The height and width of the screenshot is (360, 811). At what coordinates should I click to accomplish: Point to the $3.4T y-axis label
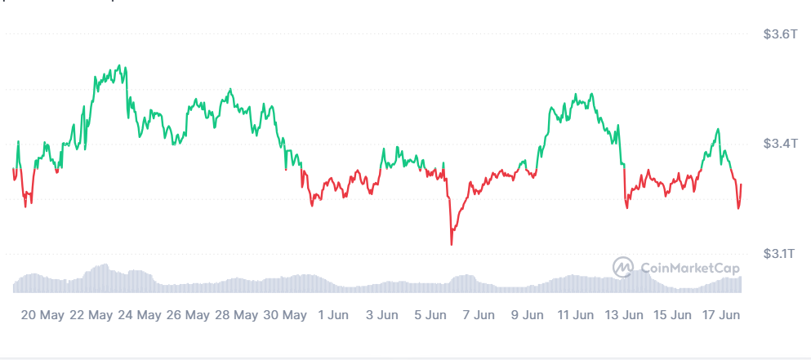[x=777, y=144]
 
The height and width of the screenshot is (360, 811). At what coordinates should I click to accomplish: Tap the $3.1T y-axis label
[x=776, y=254]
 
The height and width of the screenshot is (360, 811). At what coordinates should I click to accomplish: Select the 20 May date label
[x=42, y=314]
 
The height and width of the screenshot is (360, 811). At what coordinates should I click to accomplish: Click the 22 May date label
[x=91, y=314]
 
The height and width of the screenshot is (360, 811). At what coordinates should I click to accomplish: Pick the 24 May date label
[x=139, y=314]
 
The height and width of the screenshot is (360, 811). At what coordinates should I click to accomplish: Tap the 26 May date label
[x=187, y=314]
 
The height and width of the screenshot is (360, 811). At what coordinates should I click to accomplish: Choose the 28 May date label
[x=235, y=314]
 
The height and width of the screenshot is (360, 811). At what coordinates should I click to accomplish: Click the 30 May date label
[x=283, y=314]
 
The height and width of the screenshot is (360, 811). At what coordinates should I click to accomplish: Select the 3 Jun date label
[x=382, y=314]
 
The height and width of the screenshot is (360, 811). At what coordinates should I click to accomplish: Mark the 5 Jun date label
[x=430, y=314]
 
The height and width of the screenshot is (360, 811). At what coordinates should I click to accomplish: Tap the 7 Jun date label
[x=479, y=314]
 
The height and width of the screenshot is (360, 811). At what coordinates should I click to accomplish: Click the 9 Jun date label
[x=527, y=314]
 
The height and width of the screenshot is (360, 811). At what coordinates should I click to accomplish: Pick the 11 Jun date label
[x=575, y=314]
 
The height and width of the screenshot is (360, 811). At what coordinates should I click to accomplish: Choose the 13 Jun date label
[x=623, y=314]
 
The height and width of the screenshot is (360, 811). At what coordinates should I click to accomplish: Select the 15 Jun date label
[x=671, y=314]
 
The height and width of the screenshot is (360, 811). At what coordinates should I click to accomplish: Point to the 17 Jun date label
[x=720, y=314]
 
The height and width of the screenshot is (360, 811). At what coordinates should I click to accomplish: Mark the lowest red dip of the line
[x=451, y=243]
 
